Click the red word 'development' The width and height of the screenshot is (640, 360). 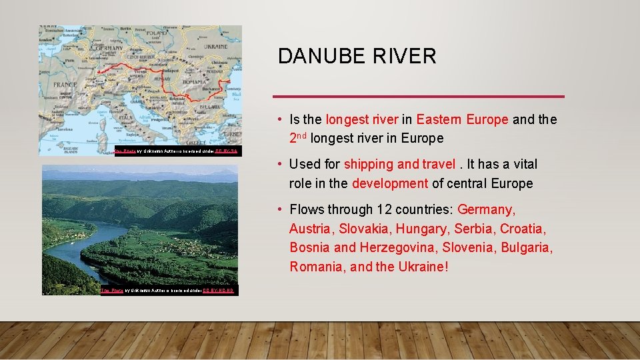pyautogui.click(x=390, y=183)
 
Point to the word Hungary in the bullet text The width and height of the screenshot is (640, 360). pyautogui.click(x=423, y=229)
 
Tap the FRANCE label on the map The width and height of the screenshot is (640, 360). pyautogui.click(x=65, y=85)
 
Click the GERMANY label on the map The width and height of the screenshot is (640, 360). pyautogui.click(x=109, y=48)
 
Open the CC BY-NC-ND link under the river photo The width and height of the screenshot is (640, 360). pyautogui.click(x=219, y=291)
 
